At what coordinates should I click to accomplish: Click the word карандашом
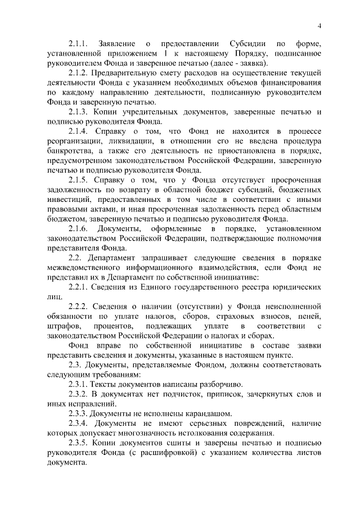208,413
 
